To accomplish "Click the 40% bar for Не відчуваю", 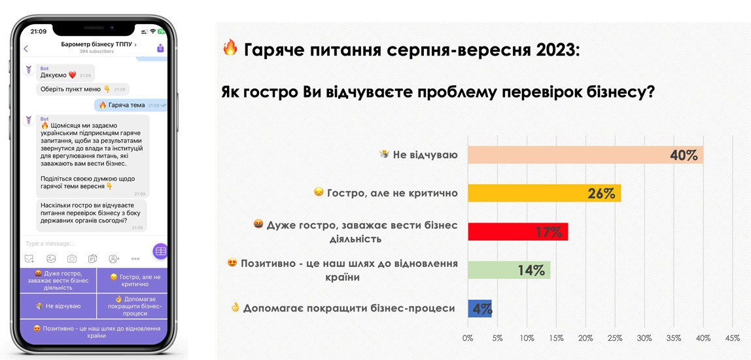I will pyautogui.click(x=585, y=155).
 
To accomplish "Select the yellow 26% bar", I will pyautogui.click(x=544, y=193).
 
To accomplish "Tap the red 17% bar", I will pyautogui.click(x=517, y=232).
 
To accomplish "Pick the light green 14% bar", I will pyautogui.click(x=508, y=270).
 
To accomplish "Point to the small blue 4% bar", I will pyautogui.click(x=480, y=308).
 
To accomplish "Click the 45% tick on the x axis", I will pyautogui.click(x=732, y=338).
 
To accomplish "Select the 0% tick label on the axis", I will pyautogui.click(x=468, y=338).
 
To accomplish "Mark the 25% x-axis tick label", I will pyautogui.click(x=615, y=338).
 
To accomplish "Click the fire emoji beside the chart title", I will pyautogui.click(x=230, y=48).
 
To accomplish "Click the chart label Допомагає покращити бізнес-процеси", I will pyautogui.click(x=349, y=308).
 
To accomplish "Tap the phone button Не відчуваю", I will pyautogui.click(x=58, y=306).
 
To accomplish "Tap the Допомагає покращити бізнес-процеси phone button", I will pyautogui.click(x=132, y=306).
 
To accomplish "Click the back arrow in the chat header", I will pyautogui.click(x=26, y=48).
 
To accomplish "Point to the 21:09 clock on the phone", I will pyautogui.click(x=39, y=31).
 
